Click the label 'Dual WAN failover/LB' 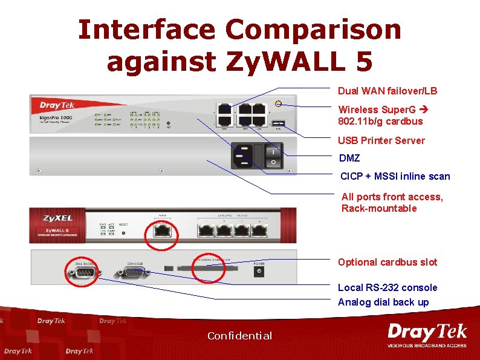(387, 91)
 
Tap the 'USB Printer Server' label (381, 140)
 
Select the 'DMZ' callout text (350, 158)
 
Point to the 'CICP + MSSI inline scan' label (395, 176)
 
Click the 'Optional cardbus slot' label (387, 262)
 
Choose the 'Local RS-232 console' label (387, 287)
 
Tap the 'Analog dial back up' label (383, 302)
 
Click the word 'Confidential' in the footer (239, 336)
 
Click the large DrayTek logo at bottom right (427, 335)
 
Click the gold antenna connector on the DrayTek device (277, 103)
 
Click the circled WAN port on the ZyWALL (162, 231)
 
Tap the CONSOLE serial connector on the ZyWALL (134, 273)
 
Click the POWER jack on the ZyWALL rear (259, 273)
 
